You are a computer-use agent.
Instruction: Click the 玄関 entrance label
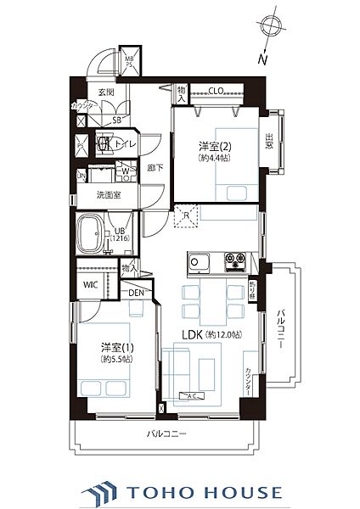coord(106,92)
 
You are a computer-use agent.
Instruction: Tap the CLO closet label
coord(215,91)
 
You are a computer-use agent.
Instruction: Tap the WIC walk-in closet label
coord(90,284)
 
